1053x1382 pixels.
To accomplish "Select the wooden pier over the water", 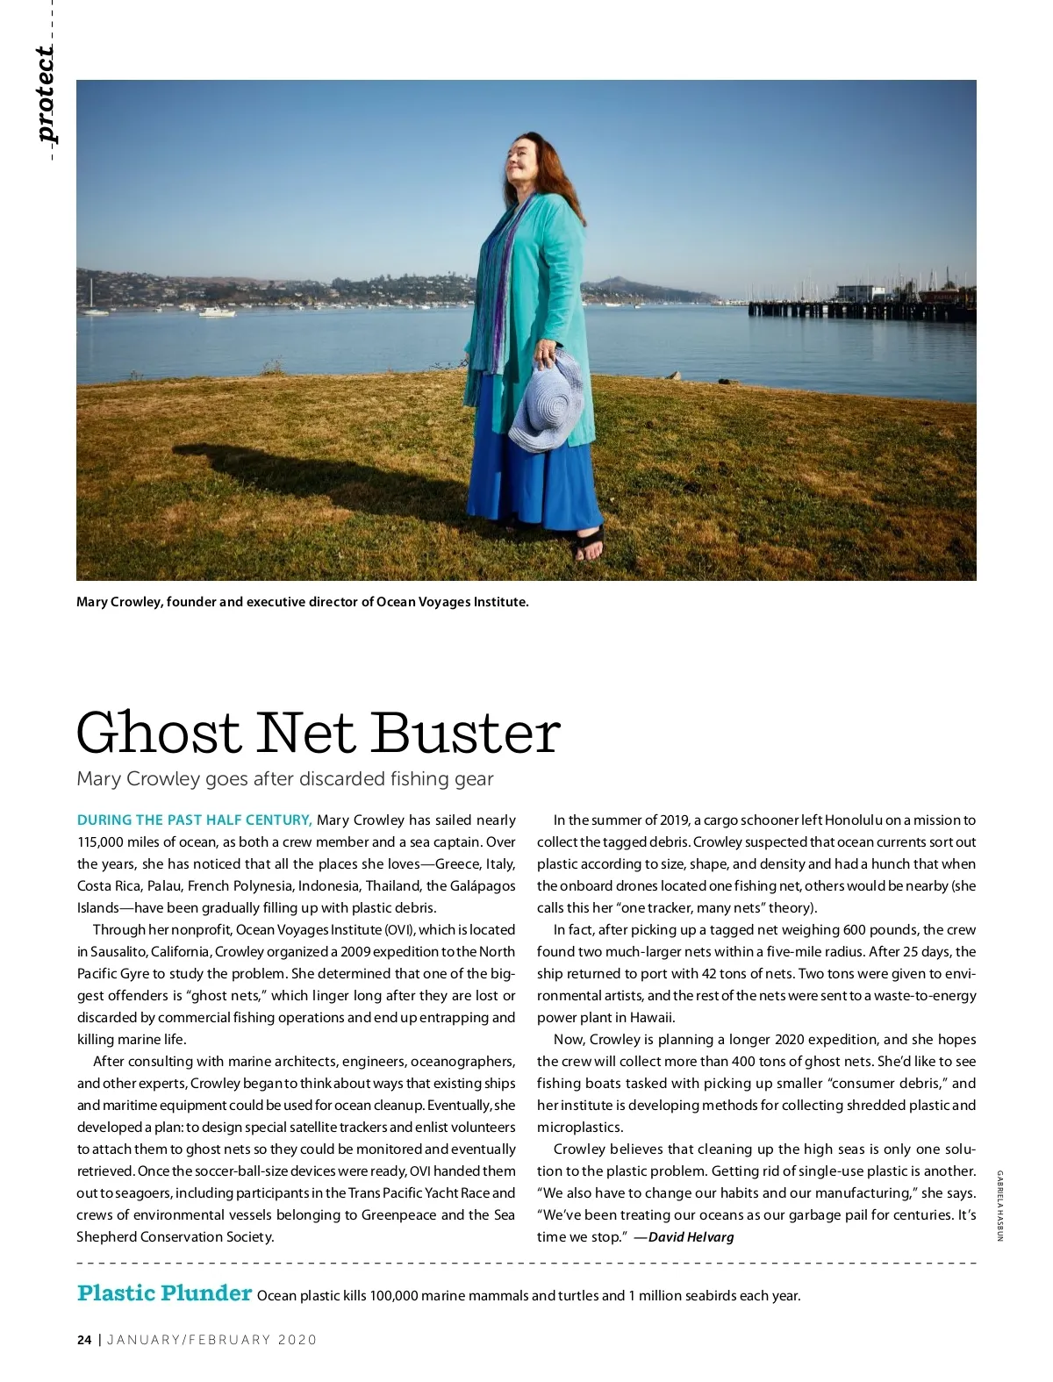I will (860, 308).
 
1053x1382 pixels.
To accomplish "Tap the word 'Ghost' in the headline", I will (158, 733).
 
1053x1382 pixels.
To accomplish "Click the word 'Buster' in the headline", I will (465, 733).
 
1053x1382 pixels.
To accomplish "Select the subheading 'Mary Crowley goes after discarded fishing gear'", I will (285, 779).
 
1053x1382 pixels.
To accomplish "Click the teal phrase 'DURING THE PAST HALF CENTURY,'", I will (194, 820).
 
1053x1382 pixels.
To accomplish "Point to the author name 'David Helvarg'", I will (691, 1237).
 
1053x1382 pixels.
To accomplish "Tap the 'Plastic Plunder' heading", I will (164, 1293).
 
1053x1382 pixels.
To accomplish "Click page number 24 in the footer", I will (84, 1340).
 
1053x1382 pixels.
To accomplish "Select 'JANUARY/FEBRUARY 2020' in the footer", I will (211, 1340).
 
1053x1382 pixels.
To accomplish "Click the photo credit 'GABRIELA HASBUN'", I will (999, 1206).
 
